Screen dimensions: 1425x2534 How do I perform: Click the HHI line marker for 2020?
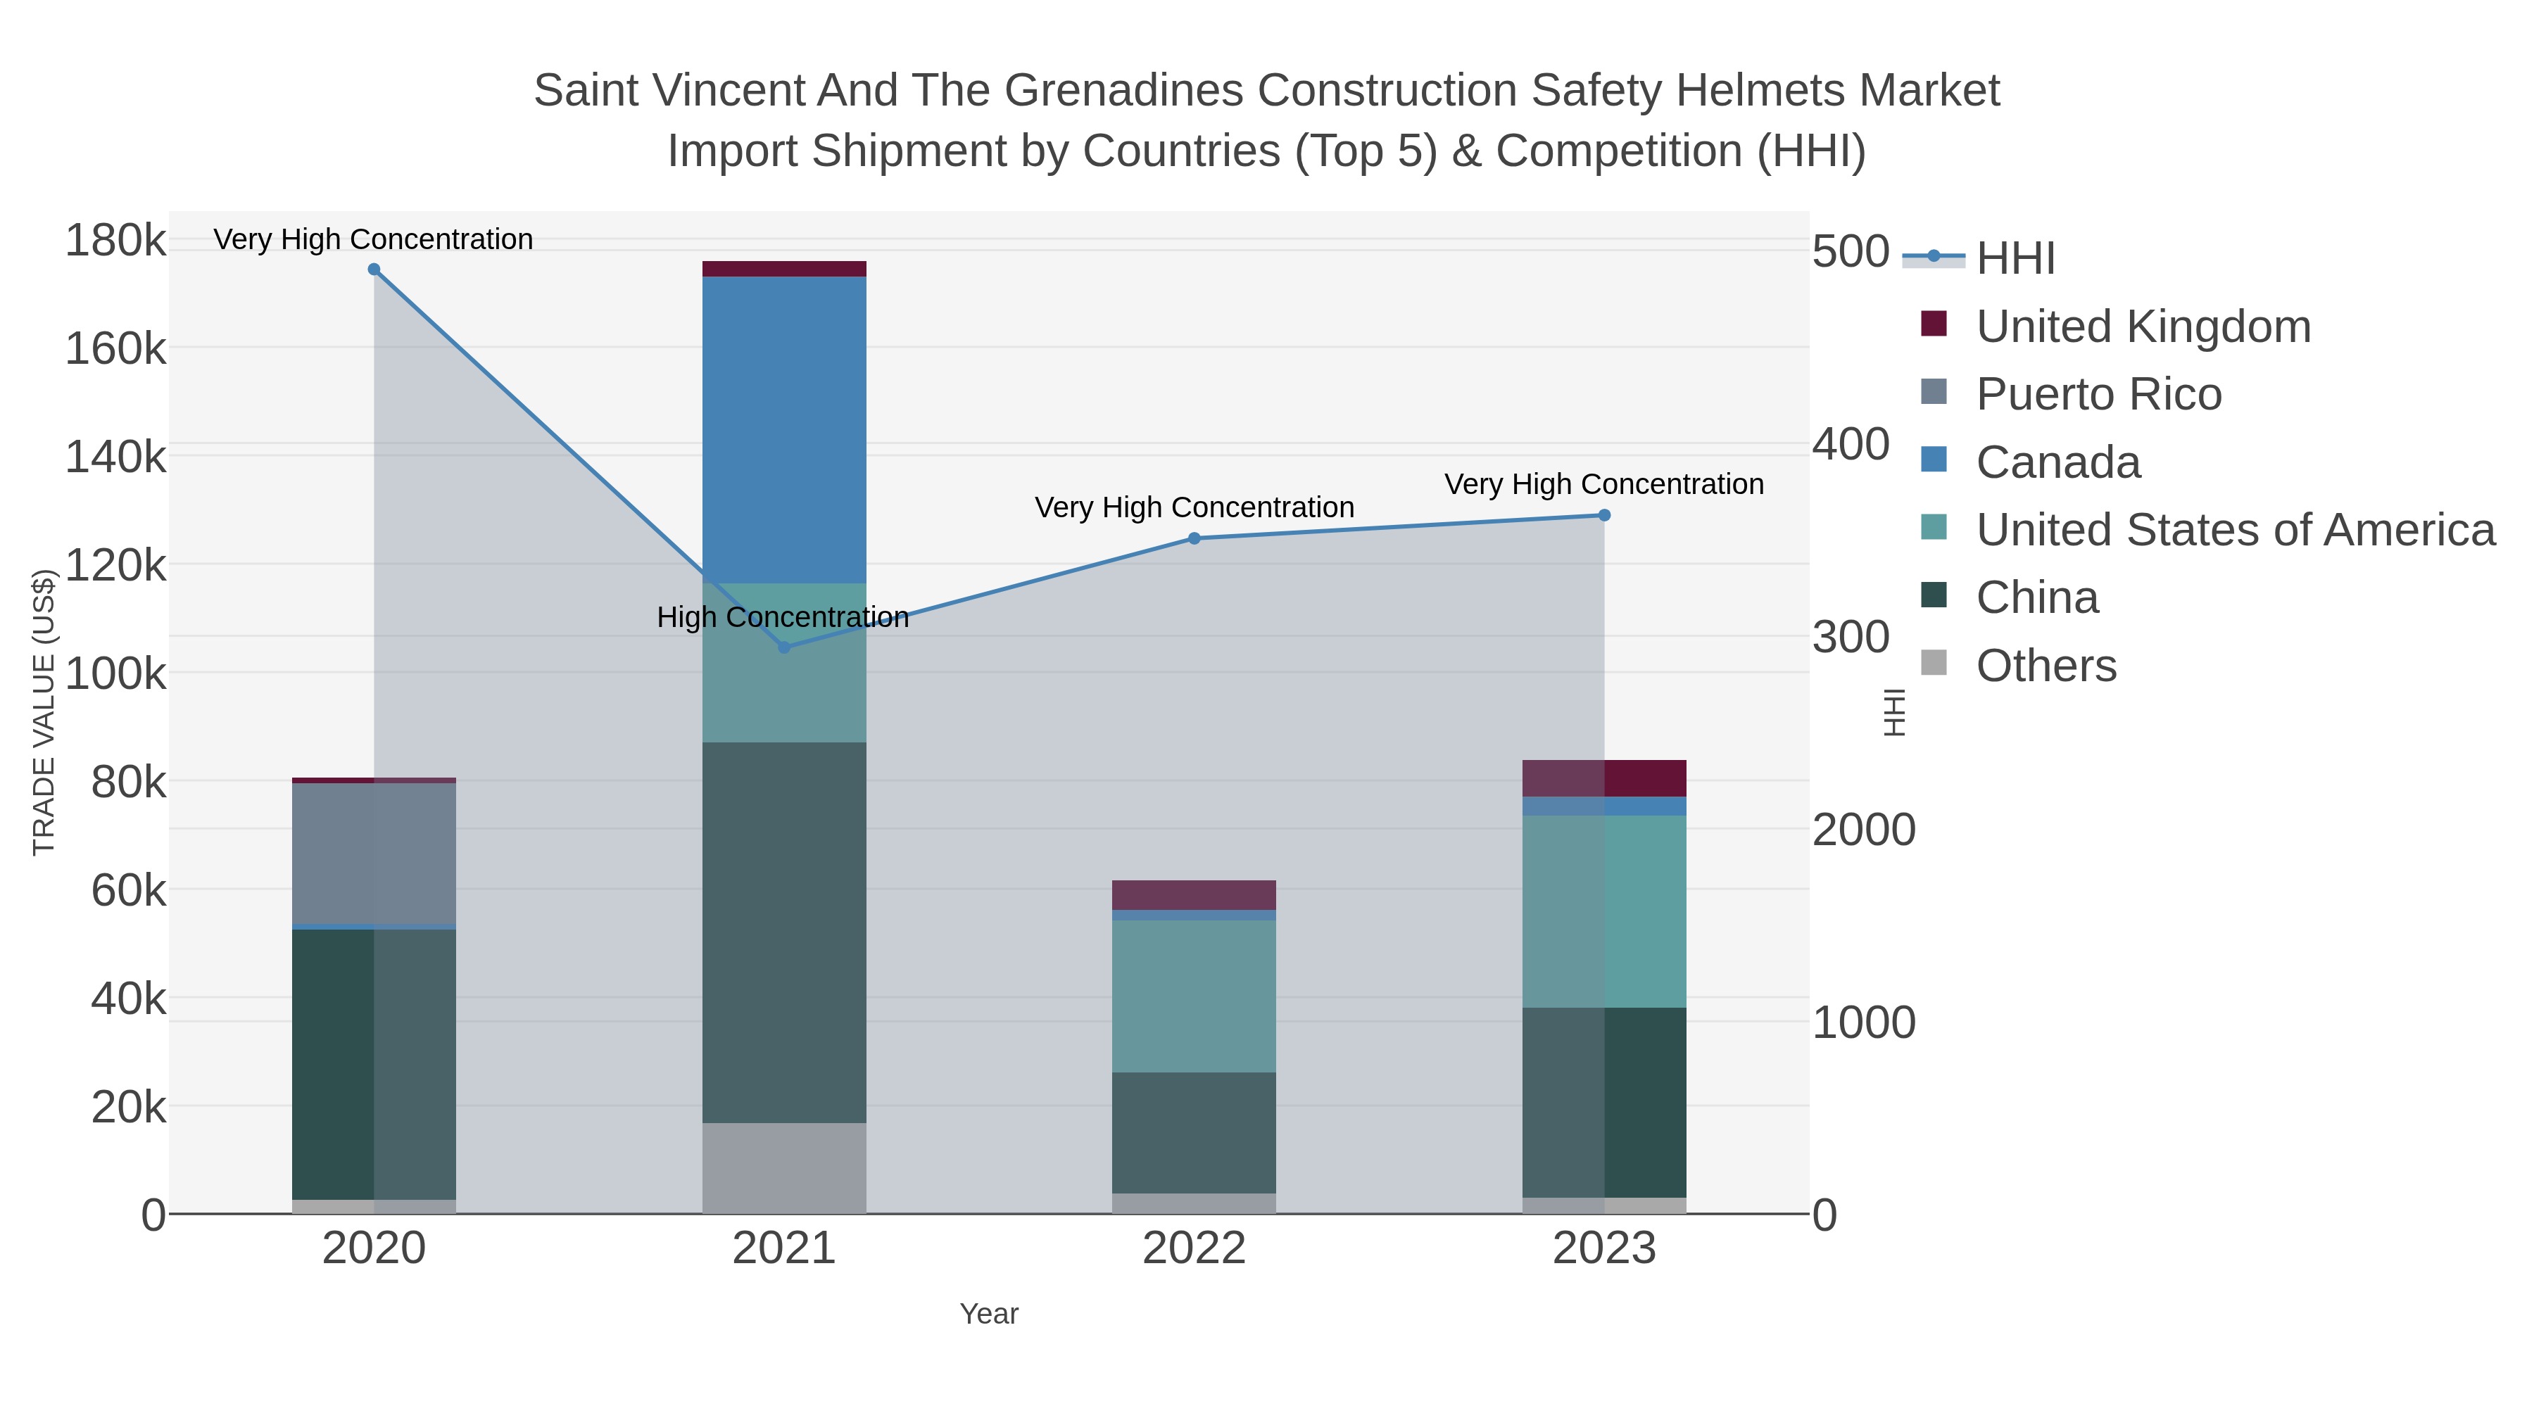click(x=374, y=270)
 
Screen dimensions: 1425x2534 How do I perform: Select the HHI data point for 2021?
click(x=784, y=647)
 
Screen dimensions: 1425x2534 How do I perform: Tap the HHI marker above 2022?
click(x=1194, y=538)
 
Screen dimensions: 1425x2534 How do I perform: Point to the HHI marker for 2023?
click(x=1604, y=515)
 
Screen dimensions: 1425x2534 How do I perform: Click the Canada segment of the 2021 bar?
click(x=784, y=430)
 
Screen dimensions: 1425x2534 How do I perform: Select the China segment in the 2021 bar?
click(x=784, y=932)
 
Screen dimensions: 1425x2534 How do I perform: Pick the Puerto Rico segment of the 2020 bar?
click(x=374, y=854)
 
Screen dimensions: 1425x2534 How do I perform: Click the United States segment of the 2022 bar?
click(x=1194, y=996)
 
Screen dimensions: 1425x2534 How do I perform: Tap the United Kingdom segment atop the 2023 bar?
click(x=1604, y=778)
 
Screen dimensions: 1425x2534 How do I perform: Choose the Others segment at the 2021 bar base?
click(x=784, y=1167)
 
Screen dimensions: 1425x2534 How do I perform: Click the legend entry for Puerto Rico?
click(x=2098, y=394)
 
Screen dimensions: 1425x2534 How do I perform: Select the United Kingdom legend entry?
click(x=2143, y=327)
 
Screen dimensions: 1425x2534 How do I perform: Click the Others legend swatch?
click(x=1934, y=664)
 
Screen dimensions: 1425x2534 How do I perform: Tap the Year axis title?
click(x=989, y=1314)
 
